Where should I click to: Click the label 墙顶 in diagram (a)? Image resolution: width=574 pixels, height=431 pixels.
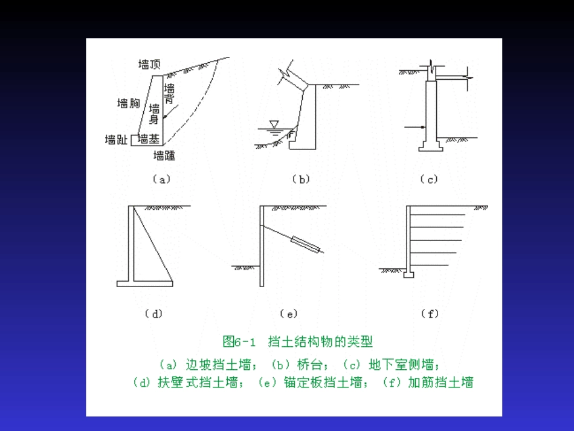point(149,65)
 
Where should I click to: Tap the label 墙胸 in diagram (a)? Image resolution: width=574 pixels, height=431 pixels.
point(128,103)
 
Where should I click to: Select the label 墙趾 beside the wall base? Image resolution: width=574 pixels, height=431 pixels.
point(116,140)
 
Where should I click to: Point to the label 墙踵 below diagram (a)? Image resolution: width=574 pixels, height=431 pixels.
point(164,156)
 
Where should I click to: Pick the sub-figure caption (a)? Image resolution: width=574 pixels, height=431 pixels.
point(161,179)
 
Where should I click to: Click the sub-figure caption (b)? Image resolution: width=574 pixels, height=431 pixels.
point(300,179)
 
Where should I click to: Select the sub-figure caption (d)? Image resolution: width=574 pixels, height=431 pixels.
point(153,314)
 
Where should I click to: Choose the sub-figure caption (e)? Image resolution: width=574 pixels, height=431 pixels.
point(289,314)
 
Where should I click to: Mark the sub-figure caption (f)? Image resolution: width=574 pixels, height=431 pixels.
point(430,314)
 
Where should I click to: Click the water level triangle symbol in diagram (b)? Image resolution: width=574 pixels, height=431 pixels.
point(274,125)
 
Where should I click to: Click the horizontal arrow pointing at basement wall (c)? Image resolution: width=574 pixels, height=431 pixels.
point(416,126)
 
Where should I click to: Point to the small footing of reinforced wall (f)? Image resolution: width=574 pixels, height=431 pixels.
point(409,275)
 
